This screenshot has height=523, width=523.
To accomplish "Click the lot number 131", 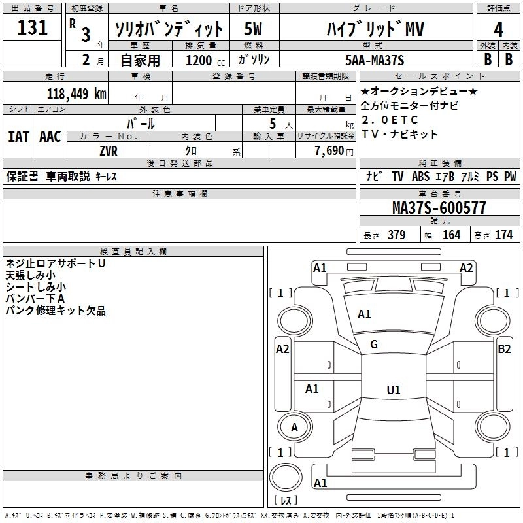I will point(32,27).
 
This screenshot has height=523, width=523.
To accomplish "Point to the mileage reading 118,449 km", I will point(77,93).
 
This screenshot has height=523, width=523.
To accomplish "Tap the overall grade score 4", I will point(499,30).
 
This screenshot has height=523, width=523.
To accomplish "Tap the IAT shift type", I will point(18,137).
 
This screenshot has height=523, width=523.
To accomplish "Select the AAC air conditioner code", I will point(50,137).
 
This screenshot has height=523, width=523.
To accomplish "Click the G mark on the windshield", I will point(374,344).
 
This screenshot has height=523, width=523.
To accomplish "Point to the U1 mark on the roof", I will point(393,390).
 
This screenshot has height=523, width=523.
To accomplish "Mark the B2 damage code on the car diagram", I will point(504,349).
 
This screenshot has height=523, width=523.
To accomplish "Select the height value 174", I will point(503,235).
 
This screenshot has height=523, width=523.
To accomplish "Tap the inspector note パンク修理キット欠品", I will point(56,311).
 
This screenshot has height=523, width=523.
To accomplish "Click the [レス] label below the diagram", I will point(286,501).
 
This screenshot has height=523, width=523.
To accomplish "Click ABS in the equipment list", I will point(420,177).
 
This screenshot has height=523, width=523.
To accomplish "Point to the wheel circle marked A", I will point(294,428).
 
